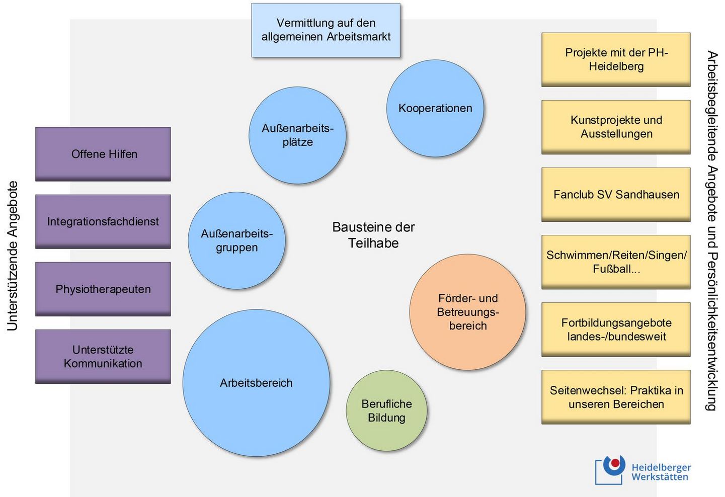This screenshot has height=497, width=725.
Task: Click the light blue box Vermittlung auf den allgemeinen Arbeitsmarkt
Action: point(326,30)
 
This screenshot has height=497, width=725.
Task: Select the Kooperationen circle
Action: point(435,108)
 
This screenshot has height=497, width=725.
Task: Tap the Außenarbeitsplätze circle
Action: point(297,135)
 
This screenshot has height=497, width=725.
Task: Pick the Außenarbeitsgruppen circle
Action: point(236,240)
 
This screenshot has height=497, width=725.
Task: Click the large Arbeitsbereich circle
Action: point(256,383)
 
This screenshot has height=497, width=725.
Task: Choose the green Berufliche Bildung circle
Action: point(386,410)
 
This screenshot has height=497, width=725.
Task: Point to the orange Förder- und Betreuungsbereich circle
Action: point(467,312)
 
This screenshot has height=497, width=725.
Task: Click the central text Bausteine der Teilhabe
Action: point(373,235)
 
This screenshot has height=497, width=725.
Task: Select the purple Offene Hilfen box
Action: point(103,154)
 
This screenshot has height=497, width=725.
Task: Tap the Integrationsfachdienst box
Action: point(103,221)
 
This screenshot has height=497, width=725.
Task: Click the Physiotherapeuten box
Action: point(103,289)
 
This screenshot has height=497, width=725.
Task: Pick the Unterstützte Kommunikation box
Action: point(103,357)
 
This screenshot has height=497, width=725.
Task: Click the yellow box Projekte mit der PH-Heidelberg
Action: point(616,59)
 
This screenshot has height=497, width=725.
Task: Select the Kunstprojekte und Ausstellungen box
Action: point(616,127)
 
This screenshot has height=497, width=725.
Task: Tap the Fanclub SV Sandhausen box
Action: point(616,195)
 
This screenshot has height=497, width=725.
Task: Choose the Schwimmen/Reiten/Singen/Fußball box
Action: point(616,262)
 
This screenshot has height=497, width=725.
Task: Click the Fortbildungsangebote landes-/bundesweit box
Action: point(616,329)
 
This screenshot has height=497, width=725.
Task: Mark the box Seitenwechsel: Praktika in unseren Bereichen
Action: point(616,397)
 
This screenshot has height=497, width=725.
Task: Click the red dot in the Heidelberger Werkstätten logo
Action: point(615,463)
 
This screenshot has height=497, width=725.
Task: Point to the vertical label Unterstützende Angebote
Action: point(13,256)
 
